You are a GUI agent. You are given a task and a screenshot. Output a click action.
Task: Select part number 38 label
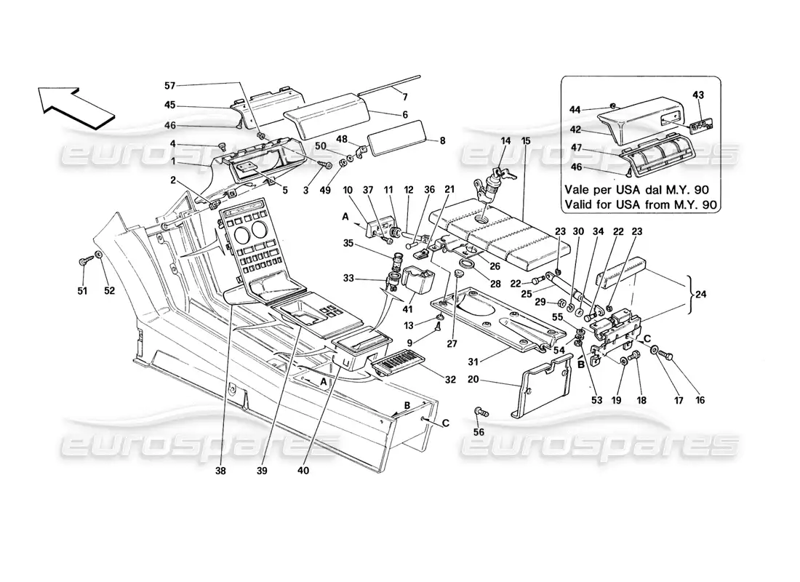[221, 471]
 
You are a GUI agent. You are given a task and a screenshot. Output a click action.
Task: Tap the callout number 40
[303, 471]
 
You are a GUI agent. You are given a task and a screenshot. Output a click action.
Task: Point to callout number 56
[479, 433]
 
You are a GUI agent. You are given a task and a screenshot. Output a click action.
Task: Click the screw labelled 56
[481, 412]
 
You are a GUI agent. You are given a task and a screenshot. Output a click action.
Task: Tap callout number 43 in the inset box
[698, 95]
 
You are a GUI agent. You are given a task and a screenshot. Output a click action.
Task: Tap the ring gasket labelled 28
[468, 263]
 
